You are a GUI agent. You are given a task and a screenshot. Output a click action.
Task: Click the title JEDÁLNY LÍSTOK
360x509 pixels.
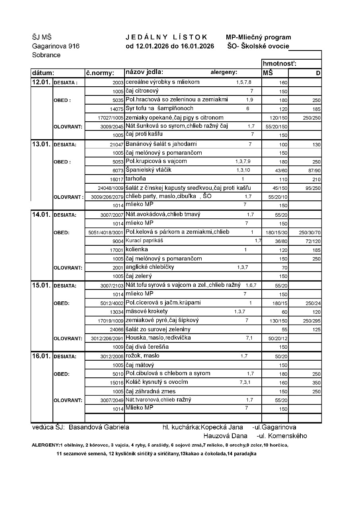pyautogui.click(x=166, y=37)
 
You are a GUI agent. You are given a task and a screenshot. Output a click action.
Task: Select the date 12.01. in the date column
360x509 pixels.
pyautogui.click(x=41, y=83)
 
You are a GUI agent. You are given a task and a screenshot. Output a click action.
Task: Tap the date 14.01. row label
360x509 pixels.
pyautogui.click(x=41, y=214)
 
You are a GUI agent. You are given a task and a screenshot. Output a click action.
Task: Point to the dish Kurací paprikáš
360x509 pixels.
pyautogui.click(x=144, y=241)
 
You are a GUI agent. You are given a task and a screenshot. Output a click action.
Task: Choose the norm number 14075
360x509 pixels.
pyautogui.click(x=117, y=109)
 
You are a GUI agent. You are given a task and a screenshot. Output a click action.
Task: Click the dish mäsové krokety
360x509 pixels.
pyautogui.click(x=146, y=311)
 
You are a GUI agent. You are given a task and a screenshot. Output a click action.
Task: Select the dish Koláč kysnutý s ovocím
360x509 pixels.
pyautogui.click(x=156, y=382)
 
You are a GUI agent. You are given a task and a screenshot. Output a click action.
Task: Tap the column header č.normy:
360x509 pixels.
pyautogui.click(x=100, y=73)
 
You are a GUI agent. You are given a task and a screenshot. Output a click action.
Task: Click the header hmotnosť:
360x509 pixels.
pyautogui.click(x=280, y=64)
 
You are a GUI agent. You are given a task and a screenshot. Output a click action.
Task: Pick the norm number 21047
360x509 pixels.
pyautogui.click(x=117, y=145)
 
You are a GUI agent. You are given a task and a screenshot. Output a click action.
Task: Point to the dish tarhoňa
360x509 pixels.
pyautogui.click(x=136, y=179)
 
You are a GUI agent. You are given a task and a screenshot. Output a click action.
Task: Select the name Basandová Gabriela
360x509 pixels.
pyautogui.click(x=99, y=427)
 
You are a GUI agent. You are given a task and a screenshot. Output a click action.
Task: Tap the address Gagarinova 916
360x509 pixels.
pyautogui.click(x=56, y=46)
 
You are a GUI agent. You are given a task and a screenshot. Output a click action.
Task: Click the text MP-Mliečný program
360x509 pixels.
pyautogui.click(x=258, y=37)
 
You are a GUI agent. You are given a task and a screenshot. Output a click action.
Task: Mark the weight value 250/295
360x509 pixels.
pyautogui.click(x=312, y=321)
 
